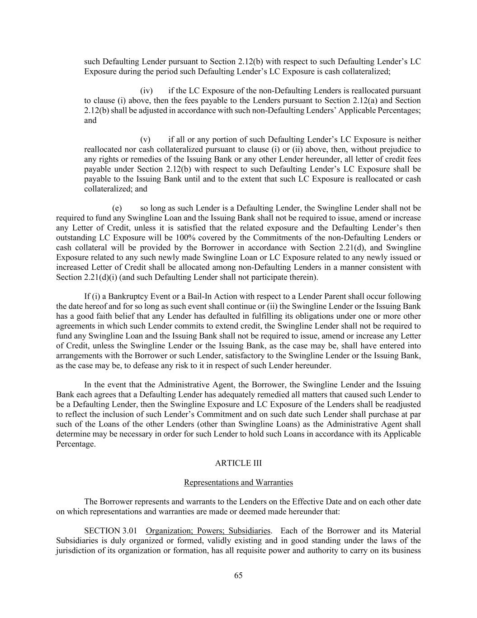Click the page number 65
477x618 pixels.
(238, 575)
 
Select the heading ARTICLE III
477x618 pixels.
(238, 463)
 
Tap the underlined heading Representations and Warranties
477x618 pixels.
(238, 483)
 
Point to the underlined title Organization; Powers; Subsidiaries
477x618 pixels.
(208, 531)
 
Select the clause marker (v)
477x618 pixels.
(146, 139)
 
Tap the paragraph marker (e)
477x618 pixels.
(117, 208)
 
